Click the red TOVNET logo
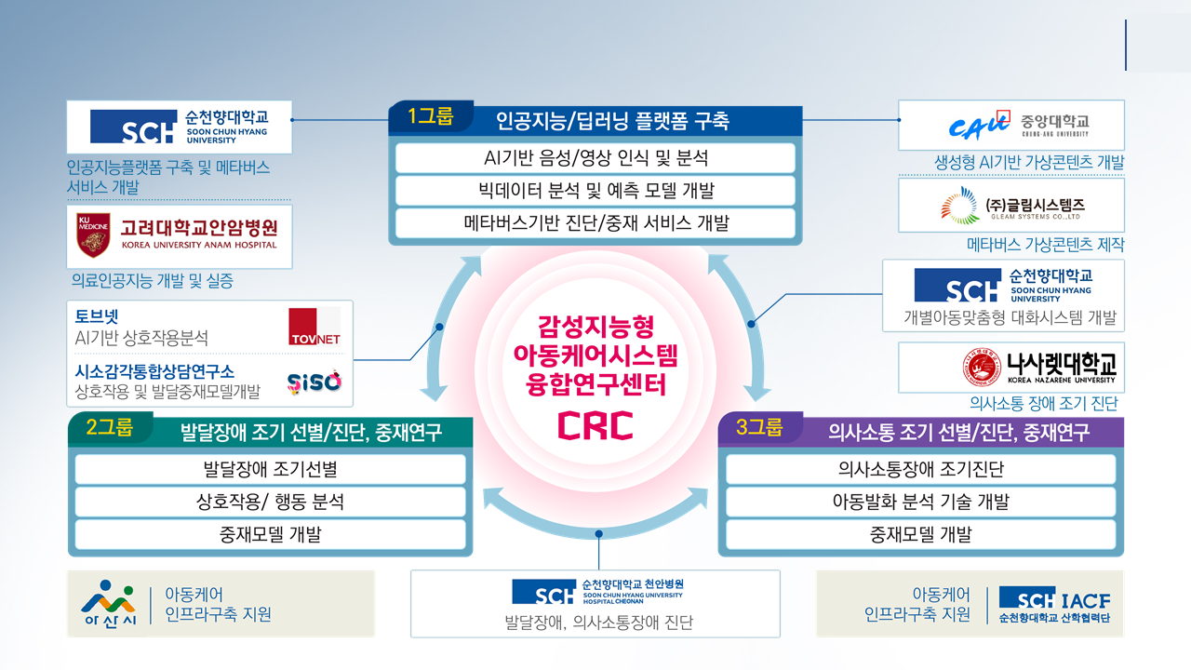coord(314,327)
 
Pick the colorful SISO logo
coord(314,380)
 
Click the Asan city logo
coord(108,603)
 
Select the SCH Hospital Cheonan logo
coord(596,591)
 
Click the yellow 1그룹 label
coord(430,117)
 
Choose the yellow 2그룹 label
coord(110,429)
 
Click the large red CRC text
coord(595,424)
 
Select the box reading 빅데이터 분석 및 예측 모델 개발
coord(595,191)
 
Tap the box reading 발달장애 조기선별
coord(270,469)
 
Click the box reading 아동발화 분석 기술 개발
coord(920,502)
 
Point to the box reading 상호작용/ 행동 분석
coord(270,502)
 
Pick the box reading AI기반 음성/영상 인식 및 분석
coord(595,158)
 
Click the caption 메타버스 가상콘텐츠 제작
coord(1045,245)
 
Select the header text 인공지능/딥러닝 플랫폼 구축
coord(612,121)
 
